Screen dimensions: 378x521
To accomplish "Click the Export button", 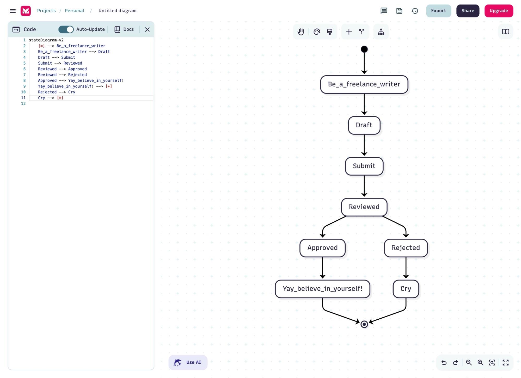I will pyautogui.click(x=438, y=11).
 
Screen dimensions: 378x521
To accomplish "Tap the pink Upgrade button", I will pyautogui.click(x=498, y=11).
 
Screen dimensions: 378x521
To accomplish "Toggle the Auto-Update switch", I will pyautogui.click(x=66, y=29).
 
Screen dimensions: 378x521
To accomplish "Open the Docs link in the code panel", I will pyautogui.click(x=124, y=29).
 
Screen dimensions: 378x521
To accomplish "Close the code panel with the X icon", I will pyautogui.click(x=147, y=29).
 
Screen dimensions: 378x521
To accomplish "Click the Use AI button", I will pyautogui.click(x=188, y=362).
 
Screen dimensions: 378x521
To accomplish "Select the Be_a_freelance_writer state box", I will pyautogui.click(x=364, y=84).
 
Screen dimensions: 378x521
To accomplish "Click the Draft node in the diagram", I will pyautogui.click(x=364, y=125).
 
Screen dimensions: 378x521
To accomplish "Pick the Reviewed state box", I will pyautogui.click(x=364, y=207).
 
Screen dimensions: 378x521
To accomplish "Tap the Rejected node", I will pyautogui.click(x=406, y=248).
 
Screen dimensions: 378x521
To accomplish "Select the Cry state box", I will pyautogui.click(x=406, y=289).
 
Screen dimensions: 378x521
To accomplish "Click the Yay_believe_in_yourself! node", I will pyautogui.click(x=322, y=289).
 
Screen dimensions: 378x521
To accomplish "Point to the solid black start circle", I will pyautogui.click(x=364, y=49).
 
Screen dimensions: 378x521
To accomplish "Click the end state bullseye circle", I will pyautogui.click(x=364, y=324).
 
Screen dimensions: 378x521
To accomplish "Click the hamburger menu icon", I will pyautogui.click(x=13, y=11).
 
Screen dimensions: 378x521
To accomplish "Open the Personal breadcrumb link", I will pyautogui.click(x=75, y=11).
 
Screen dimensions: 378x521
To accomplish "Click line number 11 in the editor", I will pyautogui.click(x=23, y=98).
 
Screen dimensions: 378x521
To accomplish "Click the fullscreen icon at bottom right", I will pyautogui.click(x=505, y=362).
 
